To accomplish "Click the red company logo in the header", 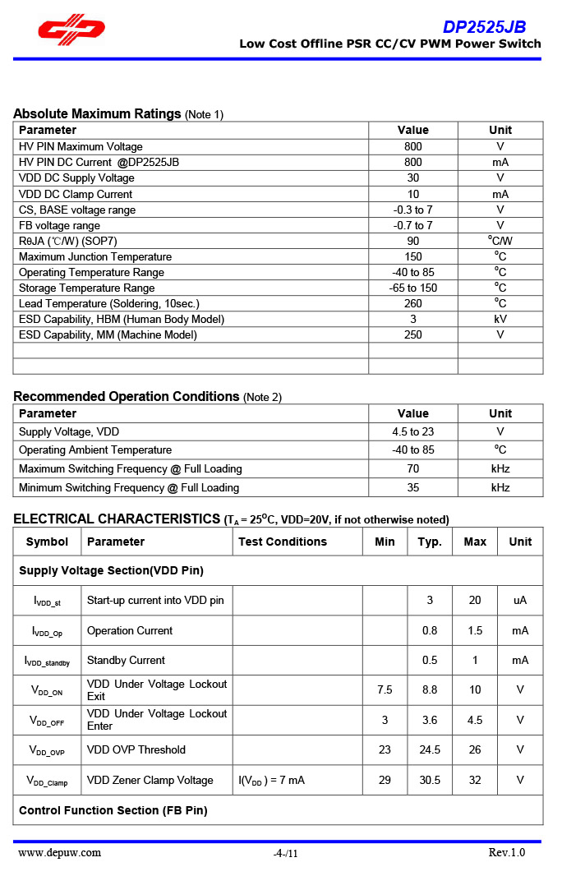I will tap(71, 30).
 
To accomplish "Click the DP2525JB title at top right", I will tap(485, 26).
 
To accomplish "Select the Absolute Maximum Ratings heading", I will tap(97, 113).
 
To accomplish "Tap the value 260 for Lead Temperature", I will tap(412, 303).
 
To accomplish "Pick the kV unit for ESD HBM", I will tap(500, 319).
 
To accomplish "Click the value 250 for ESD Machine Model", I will tap(412, 334).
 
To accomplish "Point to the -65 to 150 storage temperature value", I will tap(412, 288).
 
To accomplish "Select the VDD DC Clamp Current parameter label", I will tap(76, 194).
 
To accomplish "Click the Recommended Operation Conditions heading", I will tap(127, 396).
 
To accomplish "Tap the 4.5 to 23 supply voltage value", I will tap(412, 431).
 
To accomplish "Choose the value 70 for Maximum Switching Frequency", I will tap(412, 468).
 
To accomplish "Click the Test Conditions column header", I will tap(283, 542).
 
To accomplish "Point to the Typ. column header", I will tap(430, 542).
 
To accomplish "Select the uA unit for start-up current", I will tap(520, 600).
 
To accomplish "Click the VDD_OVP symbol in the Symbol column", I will tap(47, 750).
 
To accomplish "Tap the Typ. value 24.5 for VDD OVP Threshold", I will tap(430, 749).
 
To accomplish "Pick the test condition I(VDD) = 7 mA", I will tap(271, 780).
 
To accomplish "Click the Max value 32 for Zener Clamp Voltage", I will tap(475, 780).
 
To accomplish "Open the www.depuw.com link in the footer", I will tap(60, 852).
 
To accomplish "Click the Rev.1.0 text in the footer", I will tap(506, 852).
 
